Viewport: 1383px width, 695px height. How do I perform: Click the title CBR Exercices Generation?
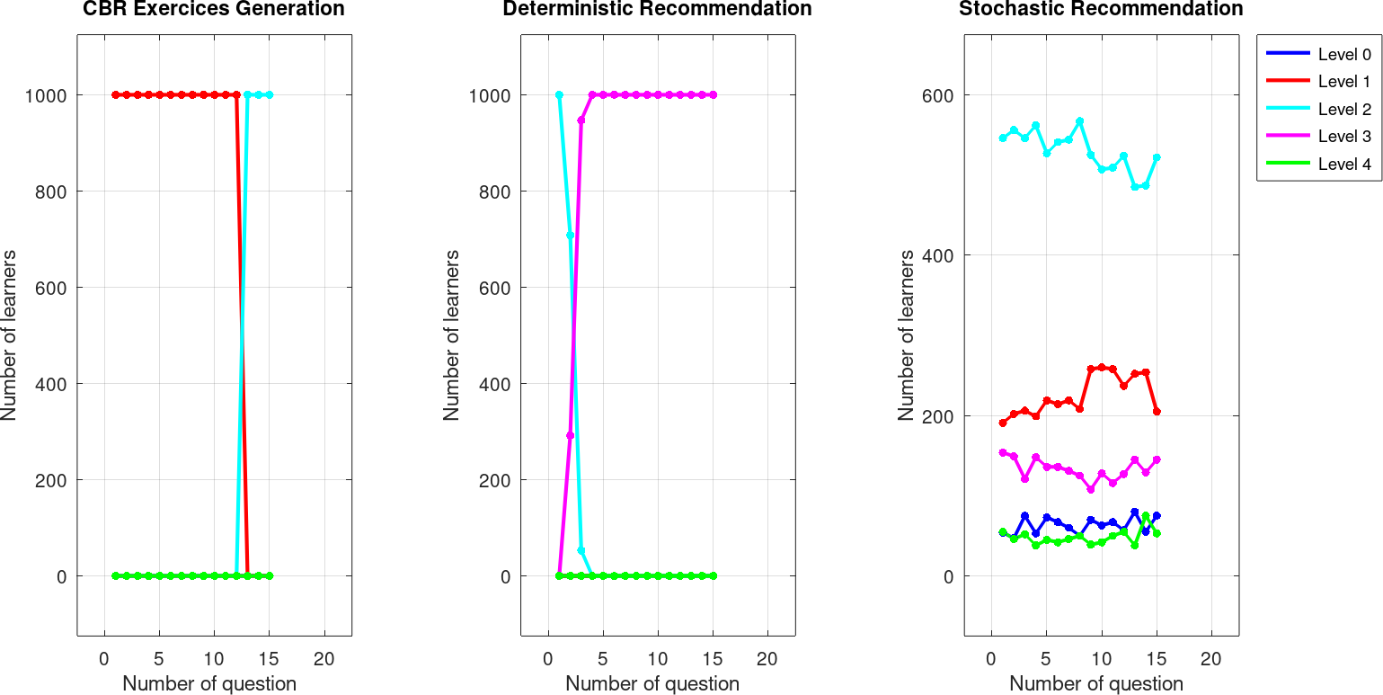click(214, 10)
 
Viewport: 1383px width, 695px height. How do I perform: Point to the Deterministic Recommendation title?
click(657, 10)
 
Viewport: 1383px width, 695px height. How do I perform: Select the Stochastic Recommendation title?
click(1101, 10)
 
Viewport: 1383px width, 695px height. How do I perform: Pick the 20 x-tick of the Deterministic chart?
click(767, 657)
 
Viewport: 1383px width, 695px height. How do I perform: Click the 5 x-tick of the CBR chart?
click(159, 657)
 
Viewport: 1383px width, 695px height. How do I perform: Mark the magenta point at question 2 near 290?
click(570, 435)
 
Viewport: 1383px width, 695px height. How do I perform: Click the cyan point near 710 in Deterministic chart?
click(570, 235)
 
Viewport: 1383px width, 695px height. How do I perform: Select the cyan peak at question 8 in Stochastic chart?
click(1079, 120)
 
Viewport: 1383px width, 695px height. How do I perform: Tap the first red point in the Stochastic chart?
click(1003, 423)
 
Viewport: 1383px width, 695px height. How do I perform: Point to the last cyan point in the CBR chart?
click(269, 94)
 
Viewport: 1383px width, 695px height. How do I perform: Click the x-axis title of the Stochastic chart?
click(1096, 683)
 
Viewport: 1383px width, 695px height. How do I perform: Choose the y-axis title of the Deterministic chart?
click(452, 335)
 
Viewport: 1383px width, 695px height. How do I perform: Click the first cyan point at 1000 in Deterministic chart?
click(559, 94)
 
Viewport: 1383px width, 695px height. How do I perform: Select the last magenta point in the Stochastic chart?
click(1157, 459)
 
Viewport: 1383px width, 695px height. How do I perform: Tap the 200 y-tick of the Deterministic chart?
click(491, 480)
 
